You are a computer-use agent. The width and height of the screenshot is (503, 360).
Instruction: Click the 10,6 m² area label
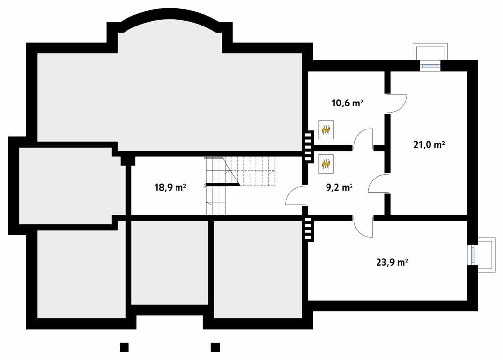pyautogui.click(x=347, y=103)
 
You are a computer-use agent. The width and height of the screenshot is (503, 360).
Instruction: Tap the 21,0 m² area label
pyautogui.click(x=429, y=145)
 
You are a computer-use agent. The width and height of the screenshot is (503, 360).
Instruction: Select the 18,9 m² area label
pyautogui.click(x=170, y=187)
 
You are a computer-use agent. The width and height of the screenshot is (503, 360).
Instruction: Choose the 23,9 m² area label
pyautogui.click(x=392, y=262)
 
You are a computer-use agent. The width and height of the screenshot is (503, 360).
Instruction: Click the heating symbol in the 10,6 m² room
pyautogui.click(x=326, y=129)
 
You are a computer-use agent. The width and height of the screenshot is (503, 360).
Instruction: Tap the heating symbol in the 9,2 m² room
pyautogui.click(x=326, y=164)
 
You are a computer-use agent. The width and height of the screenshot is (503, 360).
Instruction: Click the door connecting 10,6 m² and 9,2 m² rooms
pyautogui.click(x=363, y=139)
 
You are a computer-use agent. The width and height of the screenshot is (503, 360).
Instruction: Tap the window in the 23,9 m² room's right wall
pyautogui.click(x=473, y=254)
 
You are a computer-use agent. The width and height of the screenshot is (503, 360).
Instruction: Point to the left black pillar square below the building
pyautogui.click(x=124, y=347)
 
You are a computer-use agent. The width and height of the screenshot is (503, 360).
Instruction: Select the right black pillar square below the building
pyautogui.click(x=215, y=347)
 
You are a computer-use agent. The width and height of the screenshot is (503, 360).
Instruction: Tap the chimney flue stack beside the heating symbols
pyautogui.click(x=308, y=146)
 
